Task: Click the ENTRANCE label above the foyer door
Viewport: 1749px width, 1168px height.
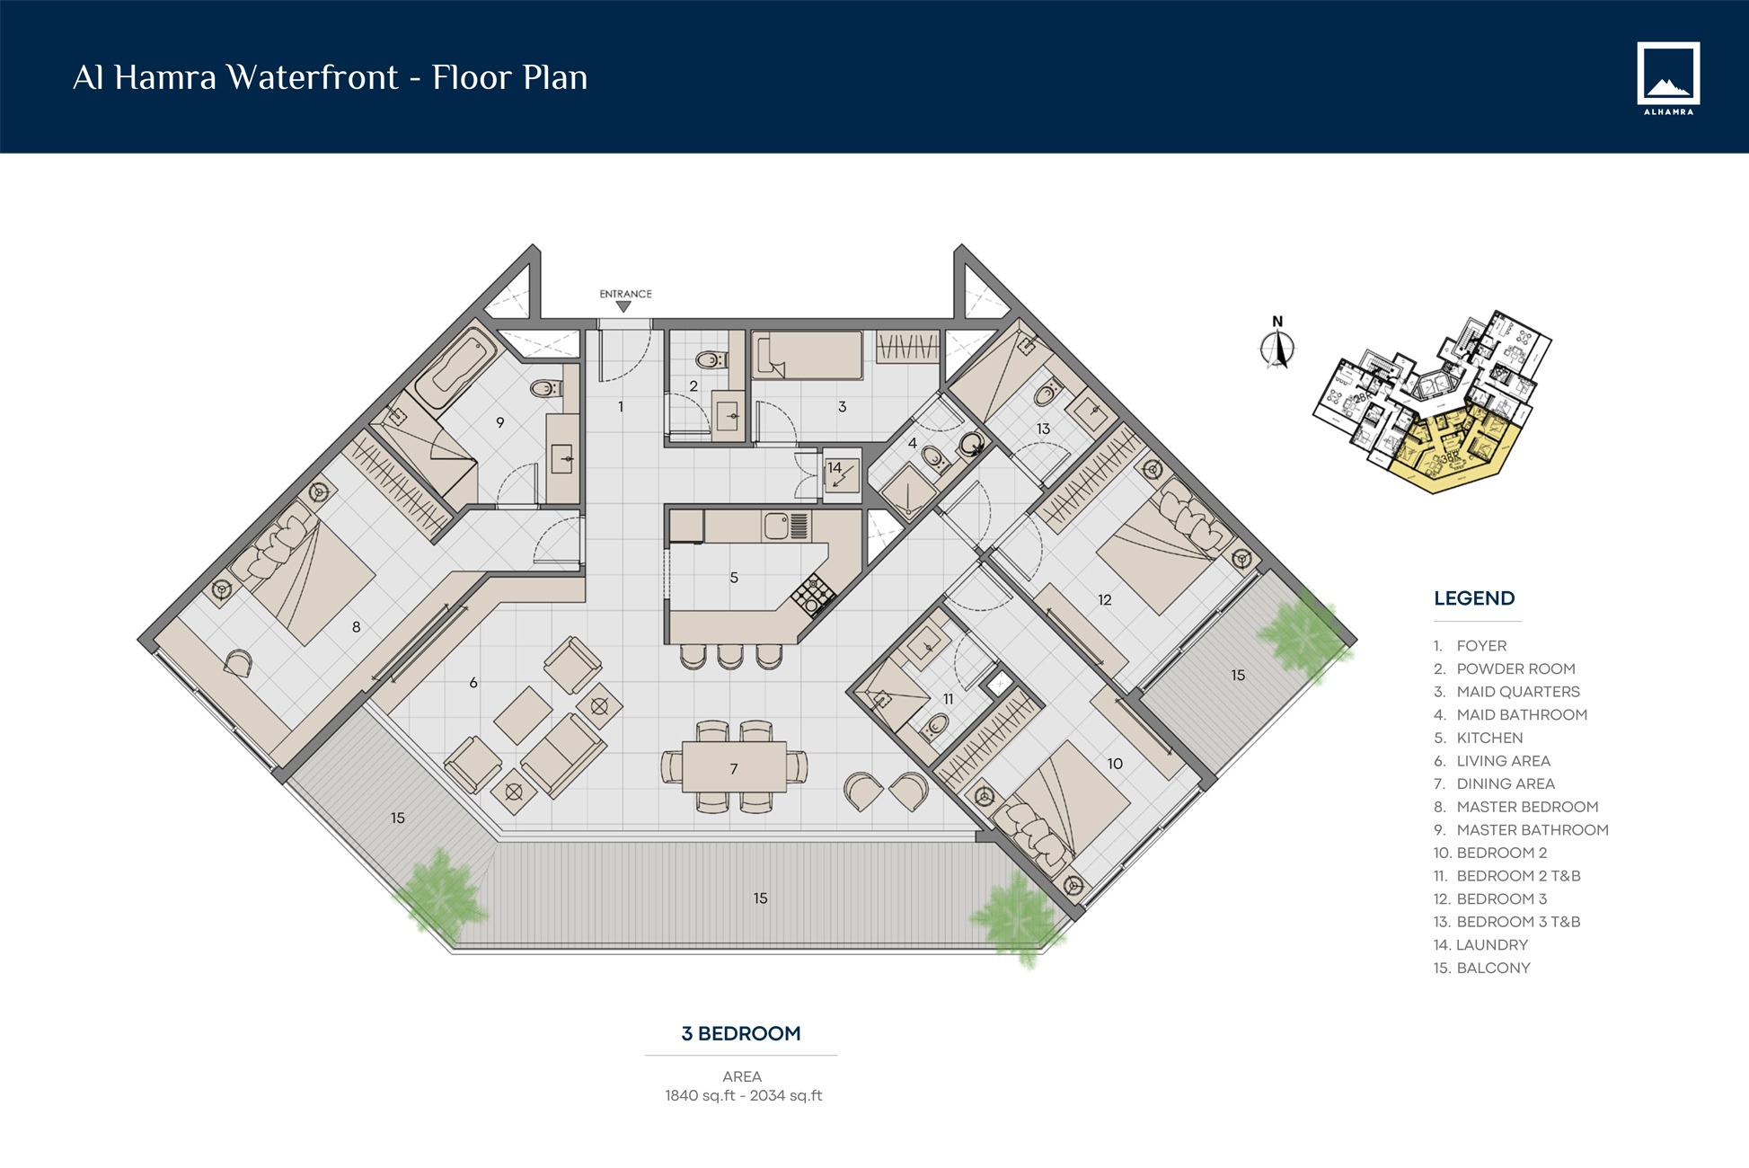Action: tap(625, 294)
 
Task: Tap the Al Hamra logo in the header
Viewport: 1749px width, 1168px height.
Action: tap(1667, 78)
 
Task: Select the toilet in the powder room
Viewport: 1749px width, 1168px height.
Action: tap(711, 360)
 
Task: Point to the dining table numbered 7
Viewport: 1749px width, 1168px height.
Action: tap(734, 766)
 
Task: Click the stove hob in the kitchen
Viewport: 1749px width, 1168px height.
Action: tap(813, 593)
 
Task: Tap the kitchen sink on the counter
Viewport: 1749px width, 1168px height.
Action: tap(775, 525)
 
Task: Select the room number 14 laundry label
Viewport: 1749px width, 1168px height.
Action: tap(835, 467)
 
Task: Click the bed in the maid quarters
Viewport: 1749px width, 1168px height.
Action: tap(808, 355)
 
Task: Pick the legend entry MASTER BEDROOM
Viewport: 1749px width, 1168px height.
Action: tap(1526, 807)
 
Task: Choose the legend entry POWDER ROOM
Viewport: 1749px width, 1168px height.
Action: tap(1515, 668)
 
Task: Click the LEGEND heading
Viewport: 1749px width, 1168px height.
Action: tap(1474, 598)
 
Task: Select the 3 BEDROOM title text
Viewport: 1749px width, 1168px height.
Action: tap(741, 1033)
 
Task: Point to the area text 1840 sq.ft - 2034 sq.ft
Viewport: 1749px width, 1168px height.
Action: tap(743, 1095)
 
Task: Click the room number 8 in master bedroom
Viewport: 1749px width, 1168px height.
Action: tap(357, 627)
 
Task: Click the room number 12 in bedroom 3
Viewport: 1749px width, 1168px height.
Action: tap(1104, 600)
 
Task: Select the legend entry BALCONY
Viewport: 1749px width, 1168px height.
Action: tap(1492, 968)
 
